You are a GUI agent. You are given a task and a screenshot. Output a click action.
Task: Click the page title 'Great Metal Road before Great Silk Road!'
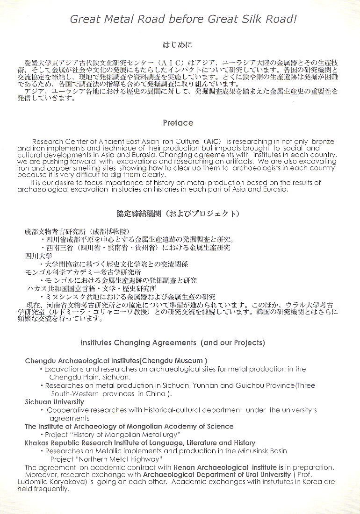point(183,19)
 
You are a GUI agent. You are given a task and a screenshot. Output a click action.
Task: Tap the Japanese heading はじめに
point(177,45)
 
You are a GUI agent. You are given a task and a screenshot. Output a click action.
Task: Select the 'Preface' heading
point(178,123)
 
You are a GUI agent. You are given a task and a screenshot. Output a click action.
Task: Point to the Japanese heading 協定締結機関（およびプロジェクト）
point(178,214)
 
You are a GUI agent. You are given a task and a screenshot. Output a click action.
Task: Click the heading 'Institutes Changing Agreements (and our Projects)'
point(173,343)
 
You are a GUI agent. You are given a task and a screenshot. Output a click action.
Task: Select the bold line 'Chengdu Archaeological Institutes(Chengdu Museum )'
point(116,361)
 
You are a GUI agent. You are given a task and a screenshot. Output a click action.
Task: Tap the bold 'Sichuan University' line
point(55,402)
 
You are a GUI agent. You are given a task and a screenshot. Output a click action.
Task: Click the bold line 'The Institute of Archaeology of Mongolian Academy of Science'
point(129,426)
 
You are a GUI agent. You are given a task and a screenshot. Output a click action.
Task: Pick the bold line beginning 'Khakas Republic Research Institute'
point(140,443)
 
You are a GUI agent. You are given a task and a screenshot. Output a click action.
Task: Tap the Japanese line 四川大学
point(38,256)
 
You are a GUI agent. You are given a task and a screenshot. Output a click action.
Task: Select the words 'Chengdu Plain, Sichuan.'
point(90,377)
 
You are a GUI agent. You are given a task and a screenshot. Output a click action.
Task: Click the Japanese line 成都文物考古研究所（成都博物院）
point(77,232)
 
